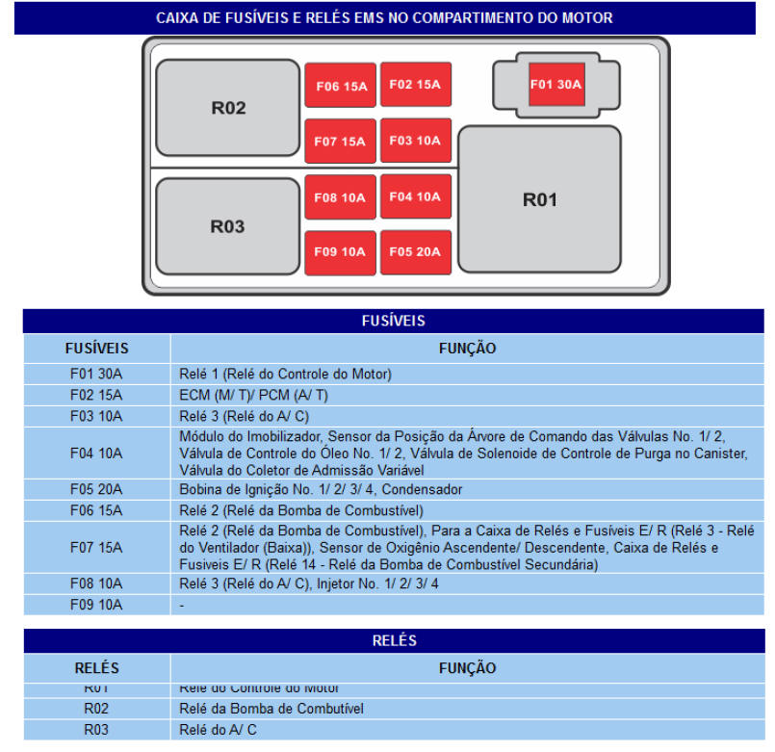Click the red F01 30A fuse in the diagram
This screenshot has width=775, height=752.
(x=555, y=84)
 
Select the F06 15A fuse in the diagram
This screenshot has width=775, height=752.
(x=340, y=86)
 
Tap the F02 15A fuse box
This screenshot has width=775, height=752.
(x=415, y=85)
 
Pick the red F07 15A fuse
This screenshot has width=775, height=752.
(x=340, y=142)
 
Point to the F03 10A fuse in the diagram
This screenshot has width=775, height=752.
(x=415, y=141)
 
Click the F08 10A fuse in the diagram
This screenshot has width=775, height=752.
(x=340, y=197)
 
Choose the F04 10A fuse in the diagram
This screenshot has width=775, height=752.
(x=415, y=196)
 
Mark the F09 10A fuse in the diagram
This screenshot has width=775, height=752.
(x=340, y=252)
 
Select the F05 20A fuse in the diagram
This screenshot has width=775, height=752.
(x=415, y=252)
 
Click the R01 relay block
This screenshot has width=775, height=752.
(x=539, y=200)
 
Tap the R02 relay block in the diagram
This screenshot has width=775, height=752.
(x=228, y=108)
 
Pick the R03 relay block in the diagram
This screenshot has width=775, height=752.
(x=227, y=227)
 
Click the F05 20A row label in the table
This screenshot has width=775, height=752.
(x=96, y=489)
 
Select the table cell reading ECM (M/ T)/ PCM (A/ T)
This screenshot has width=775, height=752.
(x=254, y=395)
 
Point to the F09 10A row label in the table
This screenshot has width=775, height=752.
(x=96, y=605)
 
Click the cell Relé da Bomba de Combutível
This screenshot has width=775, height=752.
(x=271, y=709)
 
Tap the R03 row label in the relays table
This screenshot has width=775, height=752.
(x=96, y=730)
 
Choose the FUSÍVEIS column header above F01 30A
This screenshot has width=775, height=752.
(x=96, y=349)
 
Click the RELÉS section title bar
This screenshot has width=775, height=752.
(x=393, y=640)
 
